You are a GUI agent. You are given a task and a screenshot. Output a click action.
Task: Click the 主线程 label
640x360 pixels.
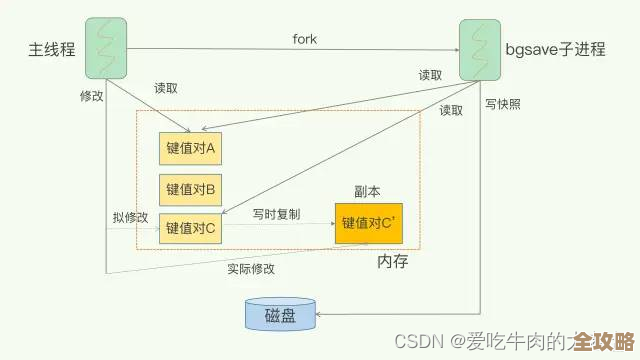[x=51, y=49]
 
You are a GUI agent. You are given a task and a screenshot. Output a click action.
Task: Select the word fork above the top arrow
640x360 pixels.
[x=305, y=38]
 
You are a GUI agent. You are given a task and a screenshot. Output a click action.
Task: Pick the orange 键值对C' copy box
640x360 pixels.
[x=371, y=222]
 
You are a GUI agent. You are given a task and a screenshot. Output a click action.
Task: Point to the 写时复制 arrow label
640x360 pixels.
[x=276, y=214]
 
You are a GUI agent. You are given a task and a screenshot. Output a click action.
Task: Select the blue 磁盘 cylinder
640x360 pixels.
[x=280, y=316]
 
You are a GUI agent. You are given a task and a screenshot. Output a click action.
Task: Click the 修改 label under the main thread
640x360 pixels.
[x=91, y=96]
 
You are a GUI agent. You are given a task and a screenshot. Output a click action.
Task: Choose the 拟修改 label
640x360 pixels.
[x=130, y=217]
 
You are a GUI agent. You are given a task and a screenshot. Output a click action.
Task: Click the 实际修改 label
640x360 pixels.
[x=251, y=269]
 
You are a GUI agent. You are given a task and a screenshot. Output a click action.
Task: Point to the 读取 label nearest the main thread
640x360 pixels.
[x=166, y=88]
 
